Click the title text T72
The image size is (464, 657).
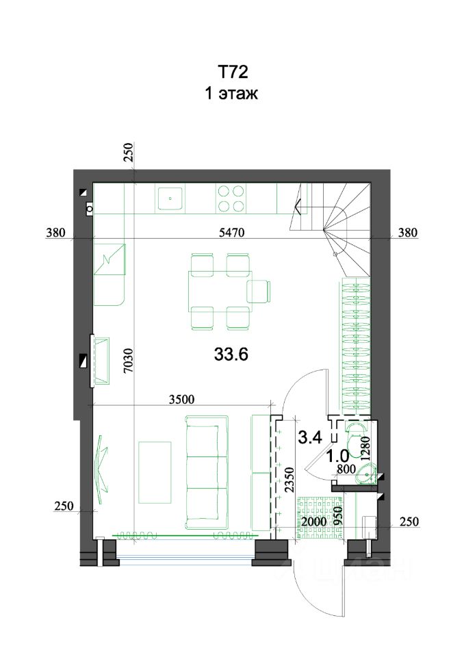(232, 72)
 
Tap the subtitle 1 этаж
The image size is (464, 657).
(231, 93)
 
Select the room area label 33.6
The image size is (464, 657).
(231, 355)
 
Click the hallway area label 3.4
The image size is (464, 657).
(310, 437)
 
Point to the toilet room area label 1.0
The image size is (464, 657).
(338, 456)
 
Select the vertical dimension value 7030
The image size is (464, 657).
(129, 361)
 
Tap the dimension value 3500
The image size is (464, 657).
(182, 399)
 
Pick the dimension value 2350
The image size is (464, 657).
(289, 480)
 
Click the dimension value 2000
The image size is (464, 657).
(314, 522)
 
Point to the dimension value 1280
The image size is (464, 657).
(365, 449)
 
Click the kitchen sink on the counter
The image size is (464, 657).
(170, 198)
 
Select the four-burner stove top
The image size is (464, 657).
(231, 198)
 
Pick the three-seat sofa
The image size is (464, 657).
(207, 472)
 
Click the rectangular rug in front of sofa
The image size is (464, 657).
(155, 472)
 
